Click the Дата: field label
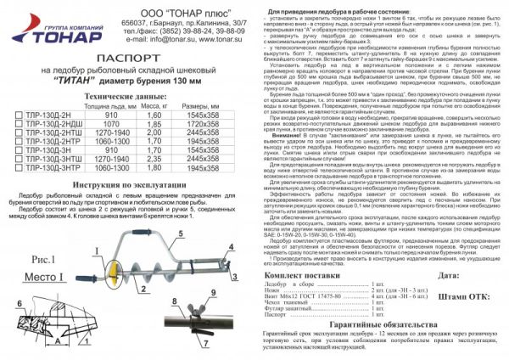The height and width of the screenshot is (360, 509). (x=452, y=277)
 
